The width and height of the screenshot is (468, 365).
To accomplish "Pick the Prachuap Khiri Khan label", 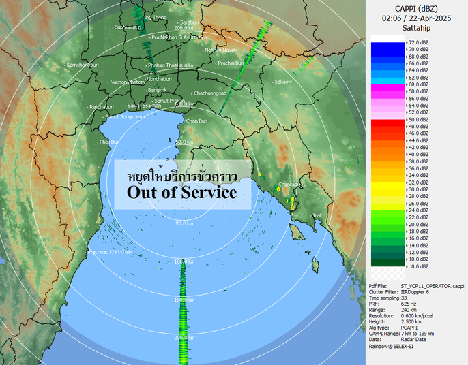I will (109, 252).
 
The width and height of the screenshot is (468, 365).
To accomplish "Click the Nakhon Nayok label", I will (221, 50).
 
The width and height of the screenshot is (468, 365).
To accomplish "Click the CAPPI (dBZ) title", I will (417, 8).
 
